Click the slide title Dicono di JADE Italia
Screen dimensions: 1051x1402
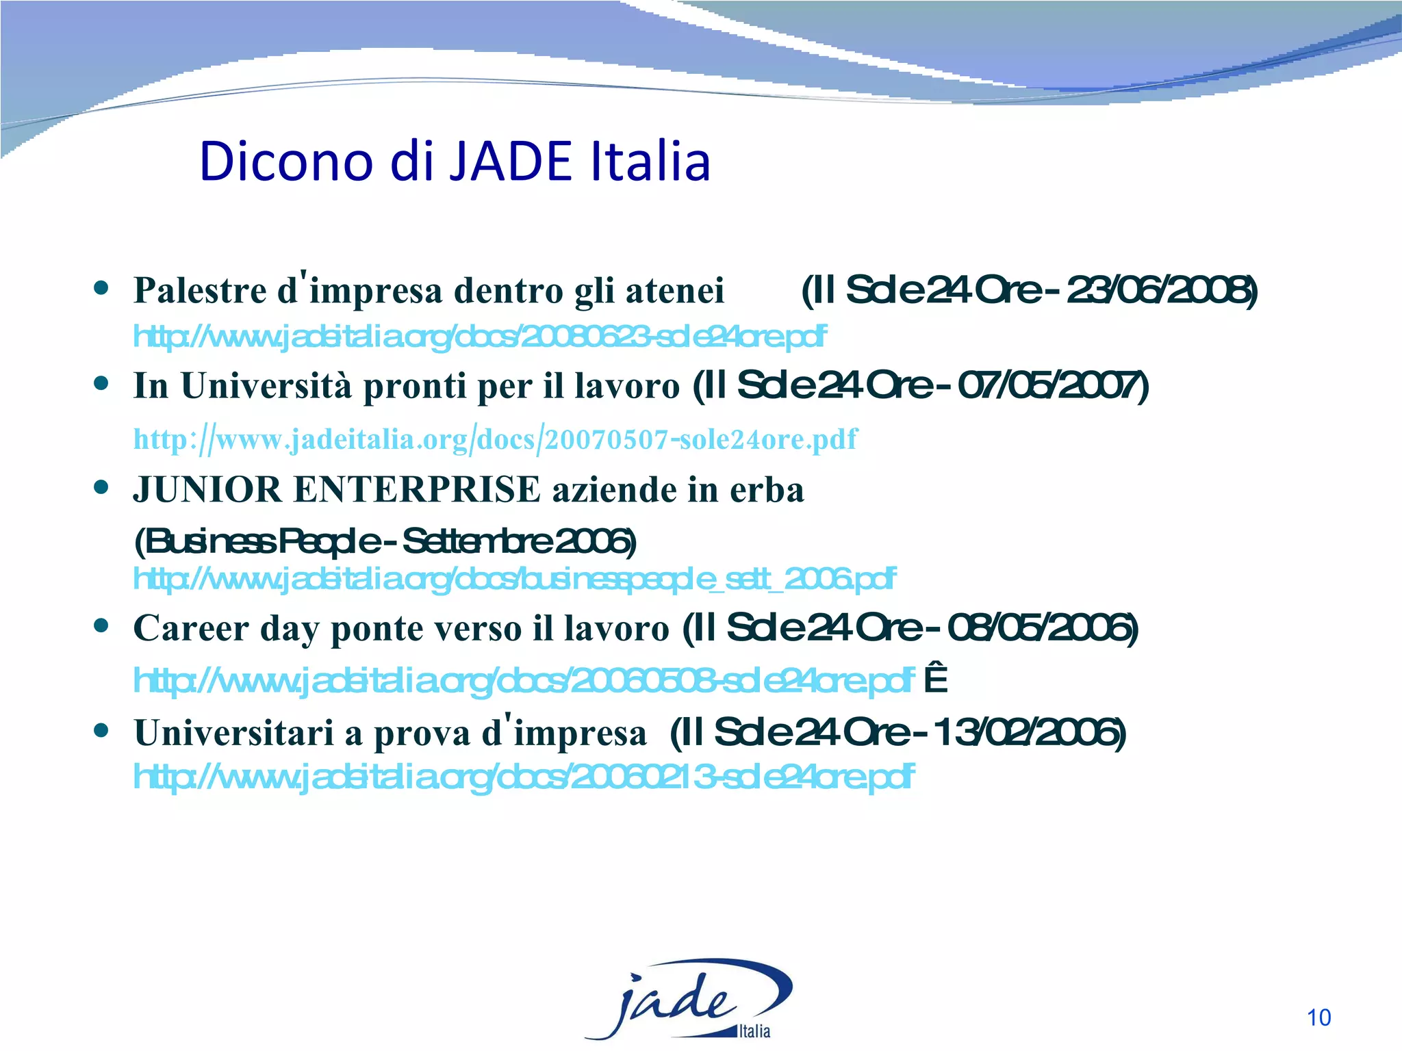pos(455,161)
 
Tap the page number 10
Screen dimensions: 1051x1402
pos(1318,1017)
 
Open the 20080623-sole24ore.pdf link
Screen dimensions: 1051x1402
pos(479,337)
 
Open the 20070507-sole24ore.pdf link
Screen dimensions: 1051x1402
pos(494,439)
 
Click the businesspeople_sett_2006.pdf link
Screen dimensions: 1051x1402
pos(513,580)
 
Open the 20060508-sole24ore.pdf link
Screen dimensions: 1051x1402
pos(523,680)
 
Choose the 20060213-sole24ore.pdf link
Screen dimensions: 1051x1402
pos(523,777)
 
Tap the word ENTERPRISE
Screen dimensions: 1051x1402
pos(417,490)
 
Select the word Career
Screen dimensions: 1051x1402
pos(191,627)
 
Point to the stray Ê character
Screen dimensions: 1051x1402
pos(935,679)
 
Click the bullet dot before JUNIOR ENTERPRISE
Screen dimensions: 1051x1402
pos(101,487)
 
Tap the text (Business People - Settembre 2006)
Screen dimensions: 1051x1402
pos(385,542)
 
